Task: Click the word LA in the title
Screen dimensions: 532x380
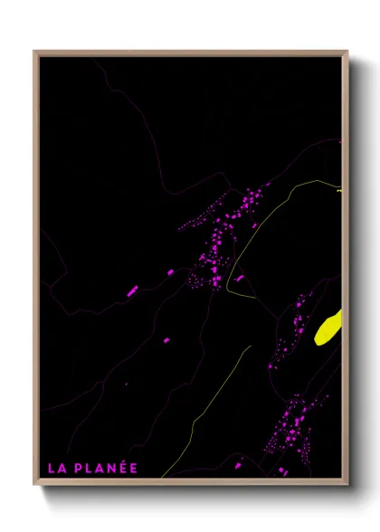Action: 55,468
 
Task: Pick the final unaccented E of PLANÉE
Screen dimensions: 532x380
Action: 133,468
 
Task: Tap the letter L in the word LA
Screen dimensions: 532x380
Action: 52,468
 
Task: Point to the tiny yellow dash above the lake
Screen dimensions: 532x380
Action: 338,191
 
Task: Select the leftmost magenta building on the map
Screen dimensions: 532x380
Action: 132,290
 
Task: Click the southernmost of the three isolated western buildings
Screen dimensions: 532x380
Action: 168,339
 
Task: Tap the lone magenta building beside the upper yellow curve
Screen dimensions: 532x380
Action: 239,278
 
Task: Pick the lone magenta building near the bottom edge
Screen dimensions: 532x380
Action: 238,465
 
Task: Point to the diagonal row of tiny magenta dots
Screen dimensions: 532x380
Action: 195,222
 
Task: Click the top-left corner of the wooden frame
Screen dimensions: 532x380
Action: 35,52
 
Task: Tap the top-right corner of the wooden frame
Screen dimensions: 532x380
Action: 347,52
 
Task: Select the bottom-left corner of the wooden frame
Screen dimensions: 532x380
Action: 35,484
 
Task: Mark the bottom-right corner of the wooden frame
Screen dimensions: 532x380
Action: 347,484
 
